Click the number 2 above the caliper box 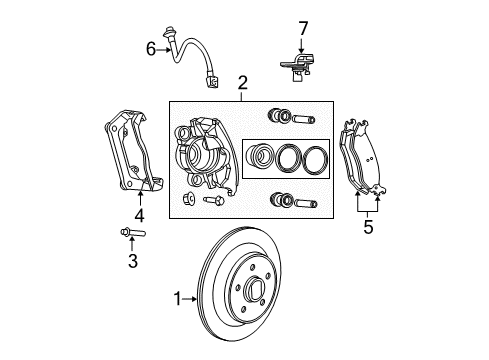241,85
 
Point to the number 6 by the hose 151,47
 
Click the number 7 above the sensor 303,27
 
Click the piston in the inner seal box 261,158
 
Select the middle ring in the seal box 289,159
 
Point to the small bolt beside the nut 212,202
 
